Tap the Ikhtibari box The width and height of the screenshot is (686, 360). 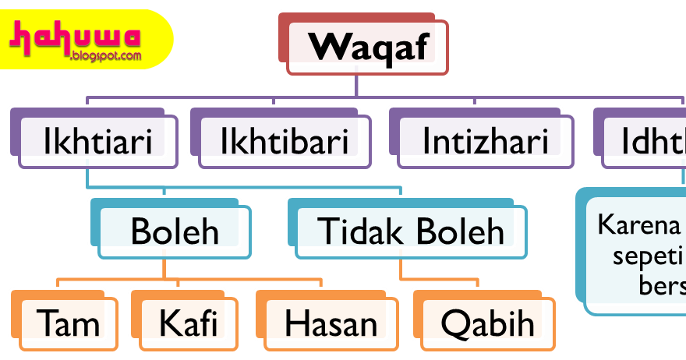coord(284,141)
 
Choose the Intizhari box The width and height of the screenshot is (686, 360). coord(485,141)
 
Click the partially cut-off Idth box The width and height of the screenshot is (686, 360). coord(647,141)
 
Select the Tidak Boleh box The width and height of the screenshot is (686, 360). coord(411,231)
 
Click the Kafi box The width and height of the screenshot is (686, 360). coord(187,323)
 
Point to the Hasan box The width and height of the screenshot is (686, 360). coord(331,323)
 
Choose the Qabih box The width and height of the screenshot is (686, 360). coord(488,323)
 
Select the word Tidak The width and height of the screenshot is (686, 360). coord(351,231)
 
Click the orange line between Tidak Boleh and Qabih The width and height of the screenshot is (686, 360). coord(401,270)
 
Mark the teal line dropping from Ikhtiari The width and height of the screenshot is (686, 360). coord(87,178)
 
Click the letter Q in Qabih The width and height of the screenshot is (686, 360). coord(454,323)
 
